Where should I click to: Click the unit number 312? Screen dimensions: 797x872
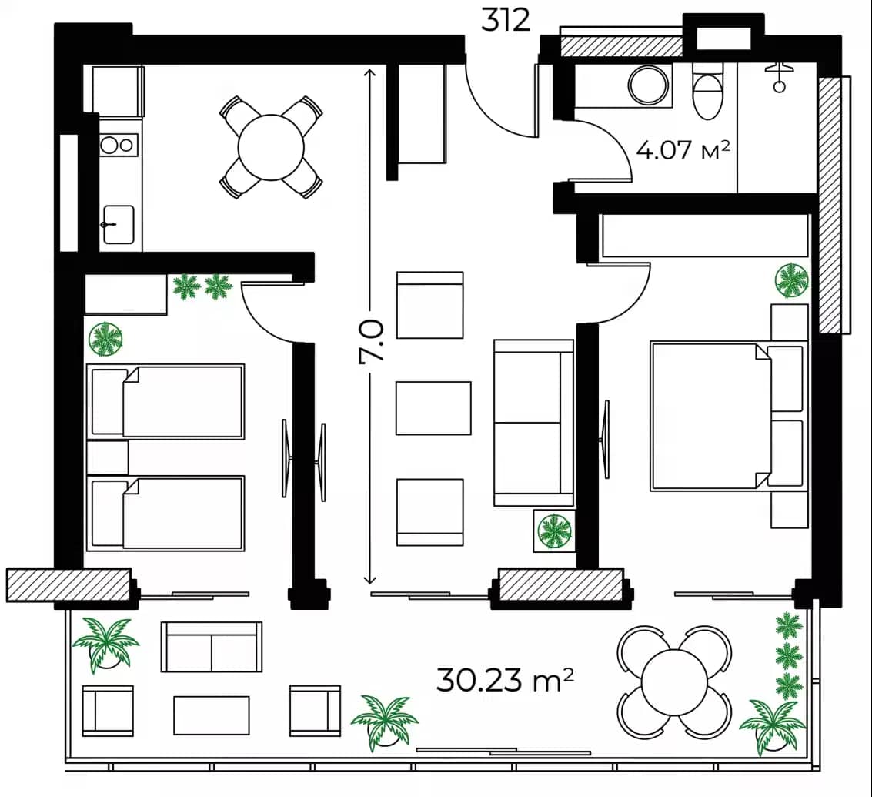point(506,19)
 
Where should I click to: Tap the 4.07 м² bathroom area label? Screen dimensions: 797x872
point(683,149)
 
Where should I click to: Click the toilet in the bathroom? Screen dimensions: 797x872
point(708,93)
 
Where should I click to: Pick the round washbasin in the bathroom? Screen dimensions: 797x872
point(649,84)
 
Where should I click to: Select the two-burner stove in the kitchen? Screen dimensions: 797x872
point(118,145)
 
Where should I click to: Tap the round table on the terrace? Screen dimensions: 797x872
point(674,681)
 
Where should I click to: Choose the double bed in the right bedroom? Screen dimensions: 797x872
point(710,416)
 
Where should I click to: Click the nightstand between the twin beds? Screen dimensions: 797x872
point(107,457)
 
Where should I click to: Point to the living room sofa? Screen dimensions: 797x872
point(533,423)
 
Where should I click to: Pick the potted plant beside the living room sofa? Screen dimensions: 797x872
point(554,531)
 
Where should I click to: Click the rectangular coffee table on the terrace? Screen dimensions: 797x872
point(211,715)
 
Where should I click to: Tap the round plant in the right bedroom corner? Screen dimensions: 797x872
point(792,280)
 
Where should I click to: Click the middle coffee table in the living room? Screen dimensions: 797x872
point(433,408)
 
